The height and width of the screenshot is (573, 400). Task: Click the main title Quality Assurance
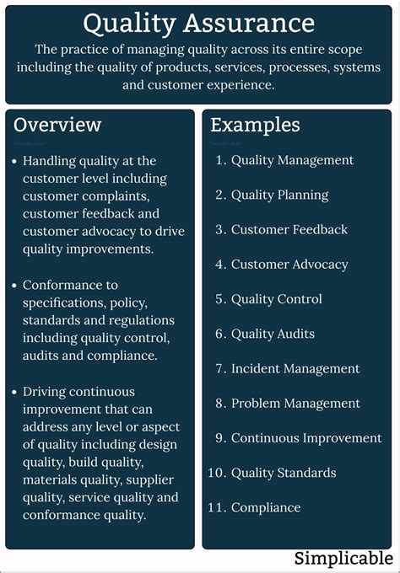click(x=199, y=23)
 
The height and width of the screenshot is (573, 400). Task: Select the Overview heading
click(x=57, y=125)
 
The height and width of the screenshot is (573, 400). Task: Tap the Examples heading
click(x=255, y=125)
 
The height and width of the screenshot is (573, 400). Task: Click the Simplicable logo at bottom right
click(x=343, y=559)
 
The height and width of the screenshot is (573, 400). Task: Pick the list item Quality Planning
click(x=279, y=195)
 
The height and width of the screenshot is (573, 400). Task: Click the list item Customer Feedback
click(x=289, y=229)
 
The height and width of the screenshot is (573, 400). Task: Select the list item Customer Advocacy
click(x=289, y=265)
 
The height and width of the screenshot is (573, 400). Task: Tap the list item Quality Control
click(x=276, y=299)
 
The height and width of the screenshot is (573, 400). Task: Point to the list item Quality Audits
click(x=273, y=334)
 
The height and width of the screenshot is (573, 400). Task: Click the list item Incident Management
click(x=295, y=368)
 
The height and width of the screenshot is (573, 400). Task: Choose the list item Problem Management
click(x=295, y=404)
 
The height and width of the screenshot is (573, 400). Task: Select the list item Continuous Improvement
click(x=306, y=438)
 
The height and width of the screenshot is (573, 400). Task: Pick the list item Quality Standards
click(x=284, y=473)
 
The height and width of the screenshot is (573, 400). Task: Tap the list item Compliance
click(x=266, y=507)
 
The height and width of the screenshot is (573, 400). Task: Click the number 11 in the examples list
click(x=215, y=507)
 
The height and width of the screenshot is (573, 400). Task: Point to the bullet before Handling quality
click(x=14, y=161)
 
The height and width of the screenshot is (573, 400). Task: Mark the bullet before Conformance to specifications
click(x=14, y=286)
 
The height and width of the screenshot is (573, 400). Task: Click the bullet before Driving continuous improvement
click(x=14, y=393)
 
